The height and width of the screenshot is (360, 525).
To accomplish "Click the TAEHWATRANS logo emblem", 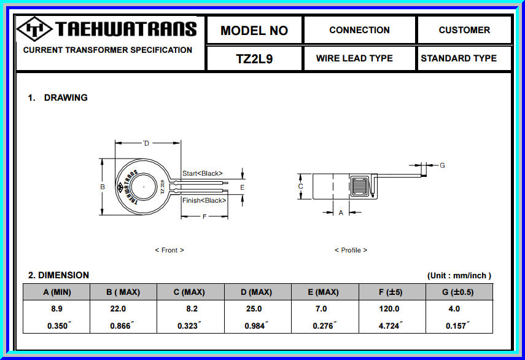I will click(x=35, y=29).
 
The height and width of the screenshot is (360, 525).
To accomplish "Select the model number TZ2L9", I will click(x=254, y=59).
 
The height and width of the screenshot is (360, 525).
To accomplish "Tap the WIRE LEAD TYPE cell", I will click(x=354, y=58).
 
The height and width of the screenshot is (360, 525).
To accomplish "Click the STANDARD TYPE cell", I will click(x=459, y=58).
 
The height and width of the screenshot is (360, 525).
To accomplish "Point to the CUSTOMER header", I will click(x=464, y=29).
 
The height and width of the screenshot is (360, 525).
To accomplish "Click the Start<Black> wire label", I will click(x=203, y=173).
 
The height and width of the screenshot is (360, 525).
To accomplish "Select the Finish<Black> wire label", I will click(x=204, y=200).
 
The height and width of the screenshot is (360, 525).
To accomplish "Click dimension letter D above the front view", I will click(x=146, y=143).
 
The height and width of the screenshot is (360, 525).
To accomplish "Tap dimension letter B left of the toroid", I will click(x=103, y=187).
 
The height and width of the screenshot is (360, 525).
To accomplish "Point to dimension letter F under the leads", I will click(x=204, y=216).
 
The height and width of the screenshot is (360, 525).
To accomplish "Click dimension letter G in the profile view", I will click(x=442, y=165).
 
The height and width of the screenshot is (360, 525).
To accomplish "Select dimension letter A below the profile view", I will click(x=341, y=213).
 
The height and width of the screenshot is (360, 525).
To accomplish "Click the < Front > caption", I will click(x=169, y=250).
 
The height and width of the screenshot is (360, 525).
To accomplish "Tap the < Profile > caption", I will click(x=351, y=250).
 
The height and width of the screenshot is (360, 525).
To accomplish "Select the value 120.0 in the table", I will click(x=389, y=309).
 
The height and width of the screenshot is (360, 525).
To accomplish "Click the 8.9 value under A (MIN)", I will click(x=56, y=309).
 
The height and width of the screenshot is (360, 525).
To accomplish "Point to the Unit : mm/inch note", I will click(x=459, y=276).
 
